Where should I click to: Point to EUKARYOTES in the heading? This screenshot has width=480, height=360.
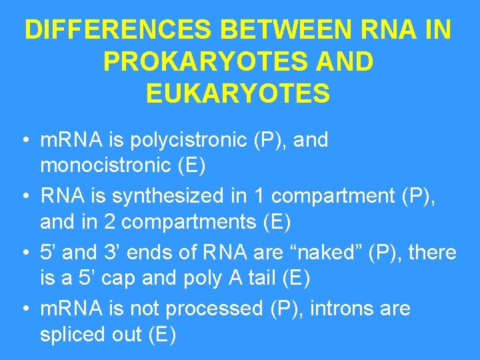point(238,93)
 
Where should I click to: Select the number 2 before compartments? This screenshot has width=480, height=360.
point(111,222)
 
